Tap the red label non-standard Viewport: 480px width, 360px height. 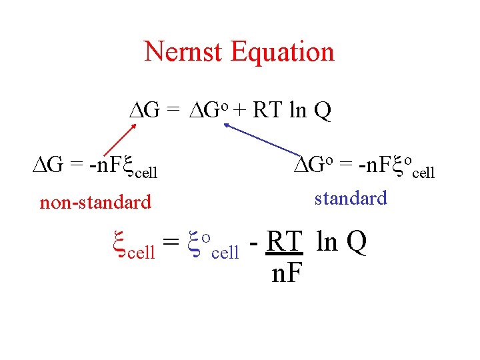coord(95,201)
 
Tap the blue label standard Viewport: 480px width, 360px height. coord(351,198)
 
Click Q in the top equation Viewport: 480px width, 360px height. coord(321,110)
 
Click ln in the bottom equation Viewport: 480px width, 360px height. coord(327,243)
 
